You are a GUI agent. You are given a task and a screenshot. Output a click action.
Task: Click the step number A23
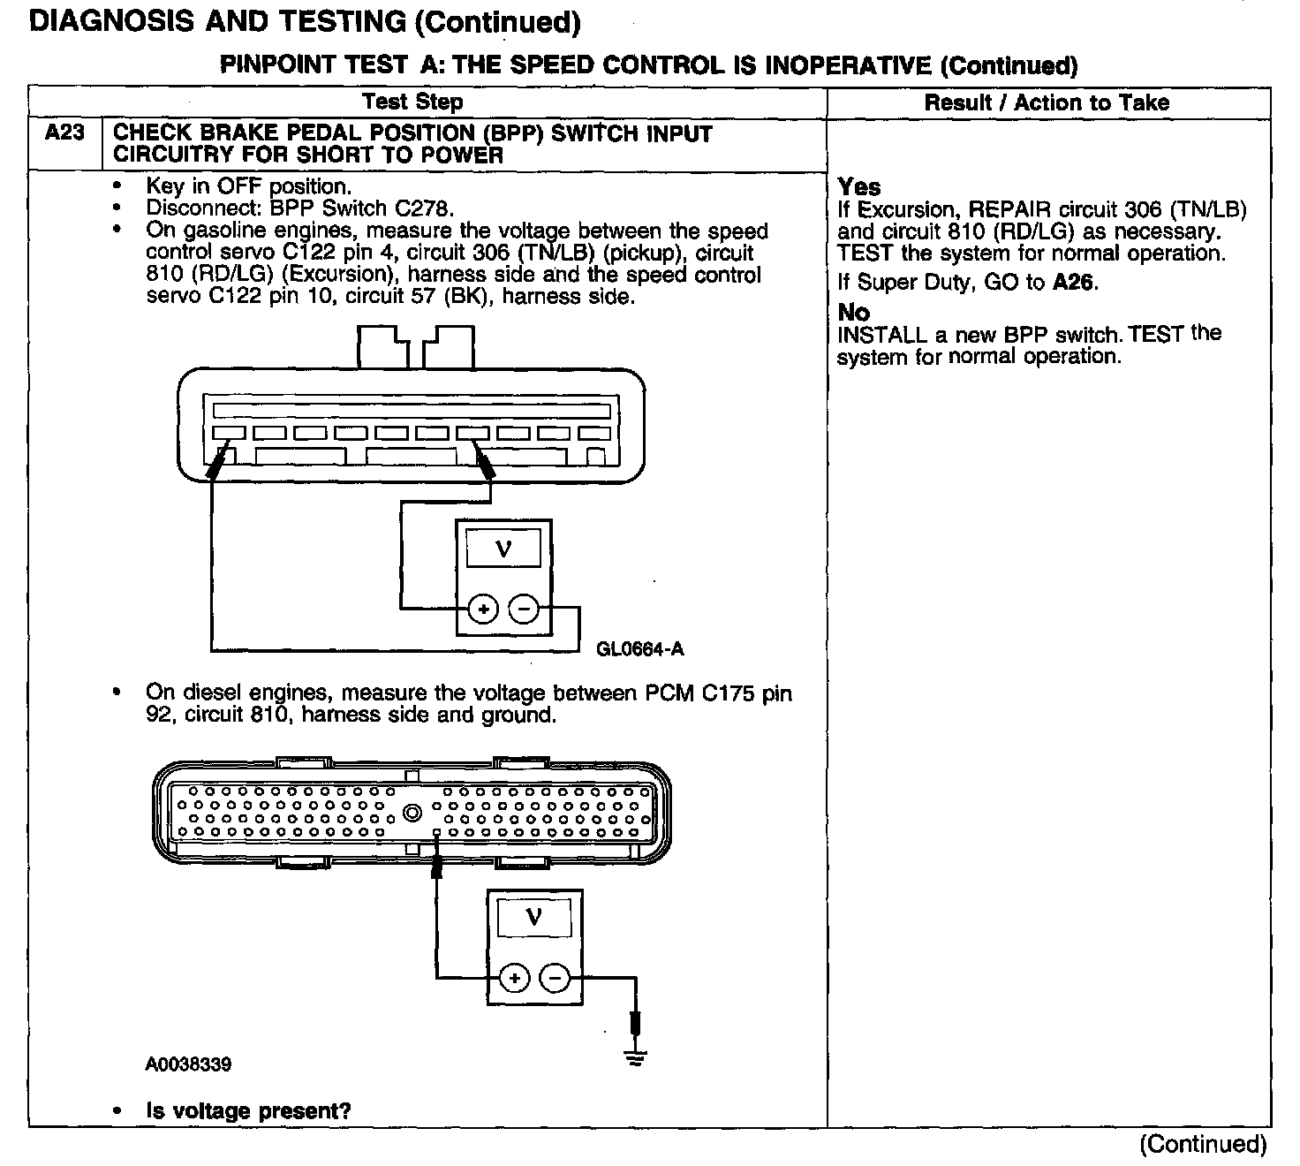[x=64, y=133]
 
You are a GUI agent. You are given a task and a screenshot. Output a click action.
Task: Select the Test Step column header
[x=412, y=102]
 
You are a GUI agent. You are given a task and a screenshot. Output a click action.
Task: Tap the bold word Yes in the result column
[x=859, y=187]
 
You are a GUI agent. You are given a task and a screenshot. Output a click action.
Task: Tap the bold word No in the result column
[x=853, y=313]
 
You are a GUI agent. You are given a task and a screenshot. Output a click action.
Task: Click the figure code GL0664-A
[x=640, y=650]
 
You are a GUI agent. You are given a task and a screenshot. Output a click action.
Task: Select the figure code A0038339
[x=189, y=1064]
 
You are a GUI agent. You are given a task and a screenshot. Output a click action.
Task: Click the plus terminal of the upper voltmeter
[x=483, y=609]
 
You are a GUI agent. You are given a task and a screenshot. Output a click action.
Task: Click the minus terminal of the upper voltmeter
[x=524, y=609]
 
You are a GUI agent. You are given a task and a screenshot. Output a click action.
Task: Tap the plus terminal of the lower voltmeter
[x=515, y=978]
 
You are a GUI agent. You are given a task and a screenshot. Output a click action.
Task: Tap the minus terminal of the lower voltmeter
[x=555, y=978]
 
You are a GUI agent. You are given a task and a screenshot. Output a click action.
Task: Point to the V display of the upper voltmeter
[x=503, y=550]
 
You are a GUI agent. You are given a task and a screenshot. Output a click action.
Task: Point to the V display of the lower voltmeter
[x=533, y=918]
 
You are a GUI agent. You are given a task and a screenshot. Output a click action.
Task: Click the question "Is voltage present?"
[x=248, y=1111]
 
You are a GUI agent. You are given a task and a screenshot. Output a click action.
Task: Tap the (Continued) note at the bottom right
[x=1203, y=1145]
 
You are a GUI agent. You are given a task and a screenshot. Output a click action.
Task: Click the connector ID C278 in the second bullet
[x=426, y=209]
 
